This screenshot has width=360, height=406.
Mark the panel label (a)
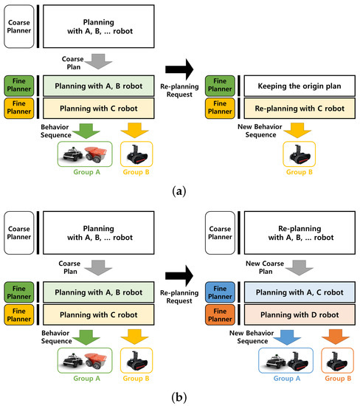click(179, 190)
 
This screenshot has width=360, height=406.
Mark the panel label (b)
click(179, 396)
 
